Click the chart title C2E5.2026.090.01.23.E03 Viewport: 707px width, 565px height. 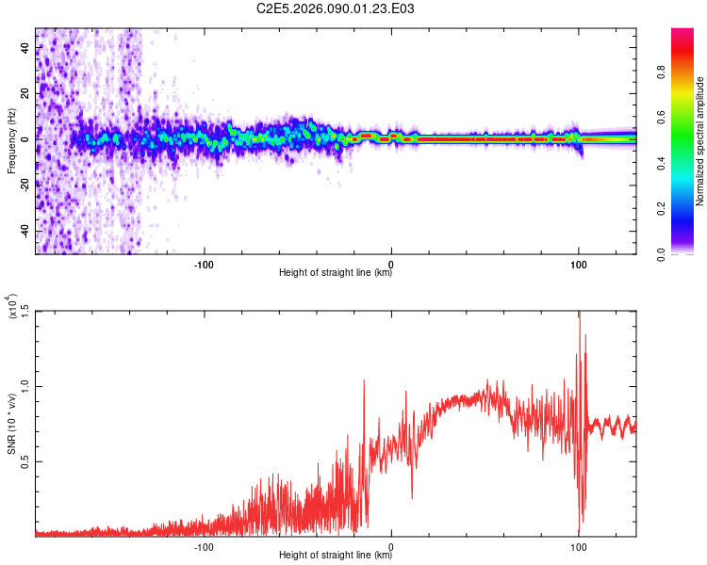(336, 9)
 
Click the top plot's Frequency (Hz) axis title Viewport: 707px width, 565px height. (11, 141)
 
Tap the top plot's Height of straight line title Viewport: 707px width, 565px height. (336, 273)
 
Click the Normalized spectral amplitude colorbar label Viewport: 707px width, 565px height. (700, 141)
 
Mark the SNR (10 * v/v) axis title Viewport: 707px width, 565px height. (11, 424)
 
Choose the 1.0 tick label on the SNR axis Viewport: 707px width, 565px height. (25, 385)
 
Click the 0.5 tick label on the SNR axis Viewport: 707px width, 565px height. (25, 460)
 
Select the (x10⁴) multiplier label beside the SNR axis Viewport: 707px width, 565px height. (11, 306)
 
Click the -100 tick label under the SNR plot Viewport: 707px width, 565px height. (204, 544)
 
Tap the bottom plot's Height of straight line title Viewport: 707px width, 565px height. (336, 556)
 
